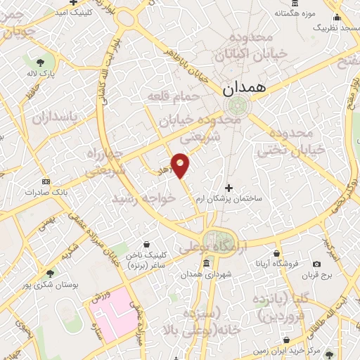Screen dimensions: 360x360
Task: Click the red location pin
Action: click(x=181, y=165)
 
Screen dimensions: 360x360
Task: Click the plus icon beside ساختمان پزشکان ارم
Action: click(x=229, y=188)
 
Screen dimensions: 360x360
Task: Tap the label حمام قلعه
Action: click(x=173, y=94)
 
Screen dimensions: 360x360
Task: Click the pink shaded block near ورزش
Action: click(x=113, y=310)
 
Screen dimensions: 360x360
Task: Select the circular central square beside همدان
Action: click(x=237, y=106)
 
